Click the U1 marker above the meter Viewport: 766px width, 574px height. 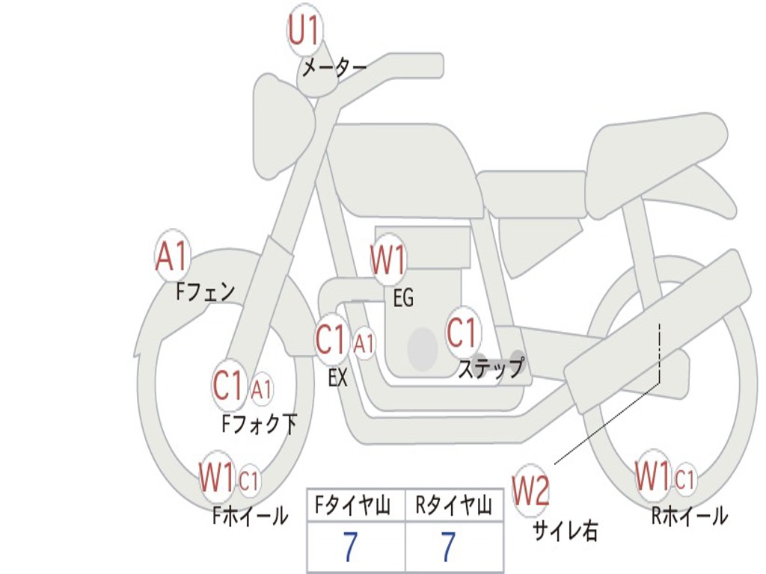(x=304, y=30)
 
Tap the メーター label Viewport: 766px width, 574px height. (x=334, y=67)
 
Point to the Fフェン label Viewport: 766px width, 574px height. (x=206, y=292)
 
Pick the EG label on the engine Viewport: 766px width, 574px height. (x=403, y=297)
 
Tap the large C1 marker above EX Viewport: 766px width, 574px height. (x=331, y=339)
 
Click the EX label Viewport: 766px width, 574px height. (x=337, y=377)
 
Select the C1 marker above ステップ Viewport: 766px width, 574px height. (x=462, y=333)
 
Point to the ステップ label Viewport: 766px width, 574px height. (x=491, y=368)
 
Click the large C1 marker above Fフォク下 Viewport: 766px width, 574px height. (x=228, y=386)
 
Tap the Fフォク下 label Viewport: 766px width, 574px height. (x=260, y=424)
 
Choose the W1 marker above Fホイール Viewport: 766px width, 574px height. (x=217, y=477)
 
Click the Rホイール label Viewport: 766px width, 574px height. (x=690, y=516)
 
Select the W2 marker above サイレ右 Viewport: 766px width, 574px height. (x=530, y=490)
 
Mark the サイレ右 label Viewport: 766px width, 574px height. (x=566, y=531)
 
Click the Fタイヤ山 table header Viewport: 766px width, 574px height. (x=353, y=505)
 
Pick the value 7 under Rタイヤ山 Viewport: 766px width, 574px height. (x=449, y=546)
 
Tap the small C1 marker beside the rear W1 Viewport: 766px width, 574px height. (x=685, y=478)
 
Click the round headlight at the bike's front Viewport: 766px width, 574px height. (x=284, y=128)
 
